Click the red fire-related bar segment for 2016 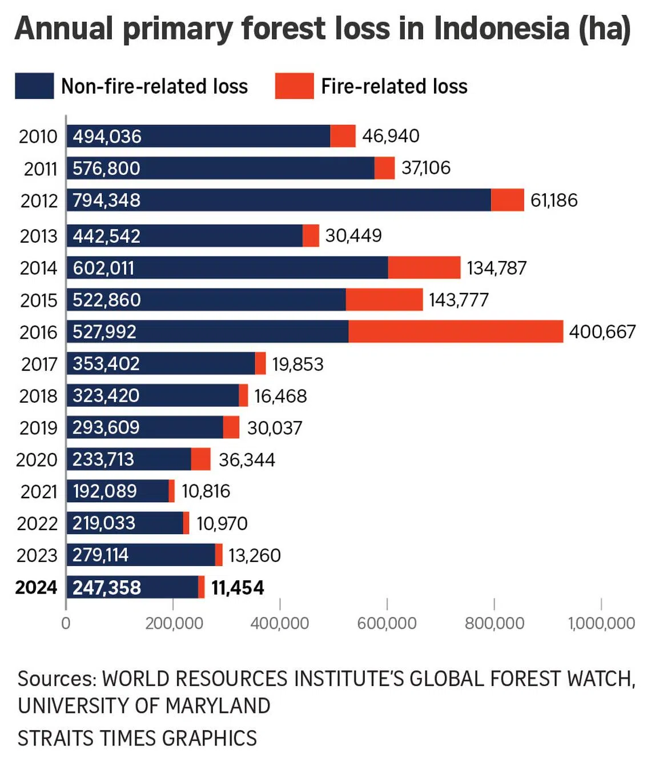point(456,332)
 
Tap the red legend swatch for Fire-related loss point(294,86)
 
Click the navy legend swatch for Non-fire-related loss point(34,86)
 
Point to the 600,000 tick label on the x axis point(387,623)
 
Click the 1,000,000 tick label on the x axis point(601,623)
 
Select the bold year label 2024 point(36,587)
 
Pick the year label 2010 point(38,137)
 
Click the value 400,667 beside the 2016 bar point(602,332)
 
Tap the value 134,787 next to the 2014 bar point(496,268)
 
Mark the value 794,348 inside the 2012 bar point(106,200)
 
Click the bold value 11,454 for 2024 point(238,588)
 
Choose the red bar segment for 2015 point(384,300)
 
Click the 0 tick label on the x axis point(66,623)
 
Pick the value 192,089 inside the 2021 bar point(105,491)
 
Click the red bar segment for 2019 point(231,427)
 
